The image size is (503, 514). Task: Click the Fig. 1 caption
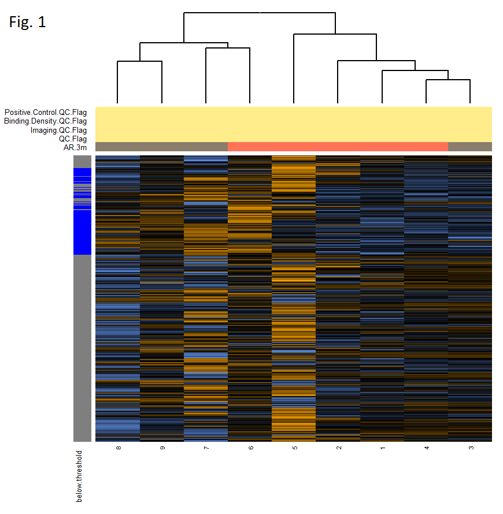(27, 23)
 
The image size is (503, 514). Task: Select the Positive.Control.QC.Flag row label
(45, 112)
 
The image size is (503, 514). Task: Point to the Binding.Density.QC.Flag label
(45, 121)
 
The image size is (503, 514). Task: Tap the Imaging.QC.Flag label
(58, 130)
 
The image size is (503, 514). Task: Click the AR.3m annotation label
(75, 147)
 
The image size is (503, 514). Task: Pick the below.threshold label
(79, 476)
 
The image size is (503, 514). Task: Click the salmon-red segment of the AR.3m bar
(338, 147)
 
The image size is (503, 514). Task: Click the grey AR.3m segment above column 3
(470, 147)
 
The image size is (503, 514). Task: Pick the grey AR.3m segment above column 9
(162, 147)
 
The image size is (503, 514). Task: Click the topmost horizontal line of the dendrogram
(260, 12)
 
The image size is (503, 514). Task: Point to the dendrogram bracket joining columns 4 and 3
(448, 80)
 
